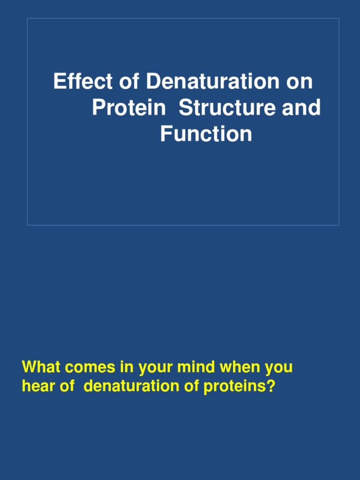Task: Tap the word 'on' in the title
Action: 298,82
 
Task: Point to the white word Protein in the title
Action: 128,108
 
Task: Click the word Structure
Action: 227,108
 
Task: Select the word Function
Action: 206,134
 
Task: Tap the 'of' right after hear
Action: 65,387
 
